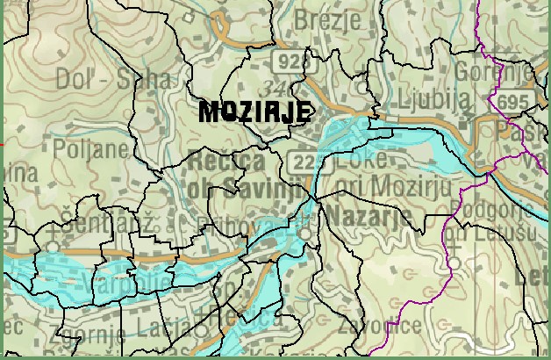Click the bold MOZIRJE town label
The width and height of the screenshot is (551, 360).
[255, 112]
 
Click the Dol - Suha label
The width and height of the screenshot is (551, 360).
[112, 79]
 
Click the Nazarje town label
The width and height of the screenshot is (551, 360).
[362, 218]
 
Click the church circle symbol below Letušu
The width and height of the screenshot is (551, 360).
[455, 263]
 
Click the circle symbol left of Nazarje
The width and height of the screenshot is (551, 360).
[304, 235]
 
